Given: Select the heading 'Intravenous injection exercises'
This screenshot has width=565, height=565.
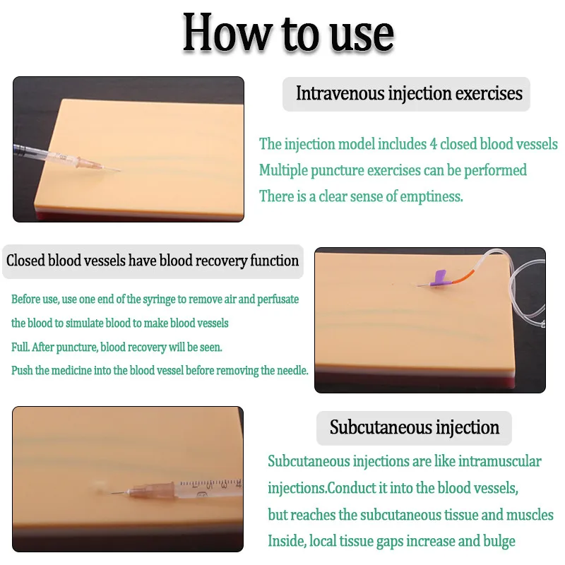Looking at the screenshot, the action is point(409,94).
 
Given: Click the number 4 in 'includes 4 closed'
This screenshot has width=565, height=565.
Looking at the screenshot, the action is point(433,145).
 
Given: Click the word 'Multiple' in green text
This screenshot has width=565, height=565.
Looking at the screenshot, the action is point(283,170).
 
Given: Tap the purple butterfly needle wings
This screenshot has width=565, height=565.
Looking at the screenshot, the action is point(439,279).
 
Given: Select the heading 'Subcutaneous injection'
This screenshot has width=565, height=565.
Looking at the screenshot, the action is point(415,428).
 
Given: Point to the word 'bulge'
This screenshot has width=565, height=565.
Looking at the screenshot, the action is point(499,541).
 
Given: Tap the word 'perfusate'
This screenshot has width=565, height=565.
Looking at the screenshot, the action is point(278,299).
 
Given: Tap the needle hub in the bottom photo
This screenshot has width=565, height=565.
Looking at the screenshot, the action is point(152,491).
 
